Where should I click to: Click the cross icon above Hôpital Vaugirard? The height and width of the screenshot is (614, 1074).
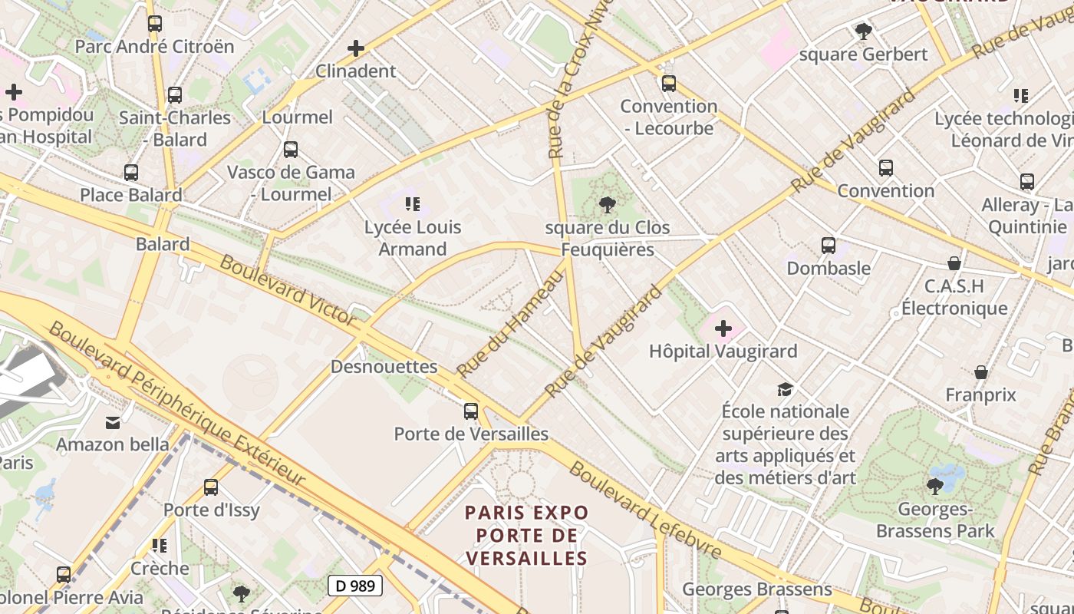pyautogui.click(x=723, y=329)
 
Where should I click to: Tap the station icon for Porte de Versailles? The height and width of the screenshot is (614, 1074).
pyautogui.click(x=471, y=411)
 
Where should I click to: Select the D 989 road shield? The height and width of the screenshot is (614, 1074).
pyautogui.click(x=355, y=586)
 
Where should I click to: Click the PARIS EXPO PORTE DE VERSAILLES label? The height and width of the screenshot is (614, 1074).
pyautogui.click(x=526, y=535)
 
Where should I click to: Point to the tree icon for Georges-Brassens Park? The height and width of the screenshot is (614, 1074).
pyautogui.click(x=934, y=486)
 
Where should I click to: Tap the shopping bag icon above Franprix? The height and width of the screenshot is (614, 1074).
pyautogui.click(x=980, y=372)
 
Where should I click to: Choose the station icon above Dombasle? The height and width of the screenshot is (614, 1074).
pyautogui.click(x=829, y=246)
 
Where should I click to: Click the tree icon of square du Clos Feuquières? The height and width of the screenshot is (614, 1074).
pyautogui.click(x=607, y=205)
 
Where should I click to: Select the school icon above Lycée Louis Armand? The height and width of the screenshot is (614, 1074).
pyautogui.click(x=413, y=204)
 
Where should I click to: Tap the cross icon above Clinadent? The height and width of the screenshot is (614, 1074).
pyautogui.click(x=356, y=48)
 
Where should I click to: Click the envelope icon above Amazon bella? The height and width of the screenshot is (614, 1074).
pyautogui.click(x=113, y=422)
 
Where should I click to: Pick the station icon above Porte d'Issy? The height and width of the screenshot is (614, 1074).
pyautogui.click(x=211, y=487)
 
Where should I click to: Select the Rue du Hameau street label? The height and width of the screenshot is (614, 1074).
pyautogui.click(x=510, y=325)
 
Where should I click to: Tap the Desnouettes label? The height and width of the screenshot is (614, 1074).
pyautogui.click(x=384, y=367)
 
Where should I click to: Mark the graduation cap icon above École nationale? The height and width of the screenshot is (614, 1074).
pyautogui.click(x=784, y=389)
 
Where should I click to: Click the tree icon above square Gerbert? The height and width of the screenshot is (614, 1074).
pyautogui.click(x=863, y=31)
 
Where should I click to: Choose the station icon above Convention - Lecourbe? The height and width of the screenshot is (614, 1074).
pyautogui.click(x=669, y=83)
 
